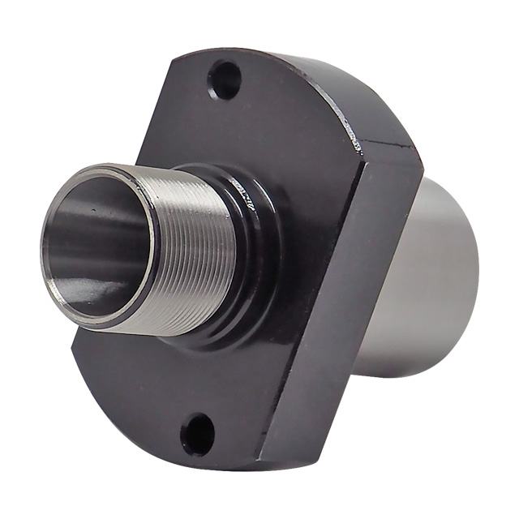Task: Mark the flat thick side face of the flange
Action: click(x=341, y=308)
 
